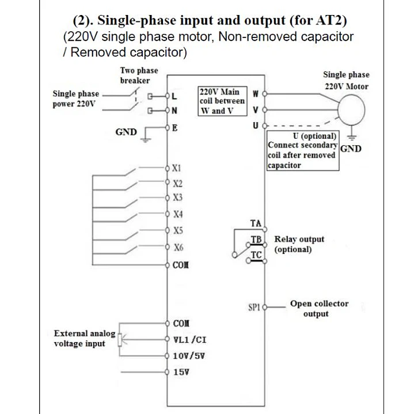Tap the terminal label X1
(x=176, y=168)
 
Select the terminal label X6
(x=178, y=248)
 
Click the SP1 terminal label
(x=254, y=307)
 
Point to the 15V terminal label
(x=181, y=372)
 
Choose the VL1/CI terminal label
(x=189, y=340)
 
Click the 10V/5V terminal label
(x=189, y=356)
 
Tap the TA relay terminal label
(x=256, y=223)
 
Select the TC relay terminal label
(x=256, y=255)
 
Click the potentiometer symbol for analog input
(x=120, y=340)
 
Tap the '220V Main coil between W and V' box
(x=222, y=101)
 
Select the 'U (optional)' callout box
(x=303, y=150)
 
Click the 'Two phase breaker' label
(x=139, y=75)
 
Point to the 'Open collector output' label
(x=319, y=309)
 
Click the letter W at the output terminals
(x=255, y=94)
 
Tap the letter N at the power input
(x=174, y=111)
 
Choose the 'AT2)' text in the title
(x=331, y=21)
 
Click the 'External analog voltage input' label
(x=85, y=338)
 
